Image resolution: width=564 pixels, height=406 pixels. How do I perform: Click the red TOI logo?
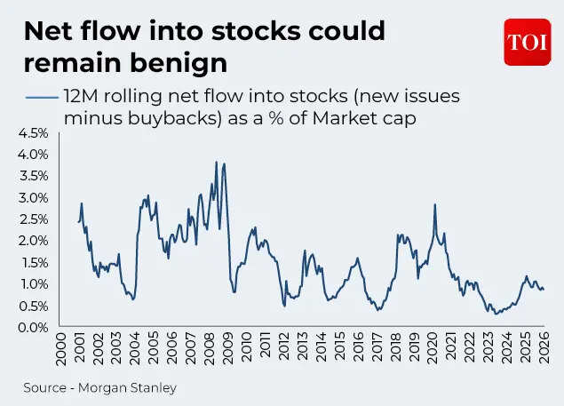click(x=528, y=42)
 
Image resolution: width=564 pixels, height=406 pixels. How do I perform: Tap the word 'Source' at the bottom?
click(x=45, y=387)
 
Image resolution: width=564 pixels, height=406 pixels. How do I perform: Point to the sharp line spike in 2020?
click(x=435, y=205)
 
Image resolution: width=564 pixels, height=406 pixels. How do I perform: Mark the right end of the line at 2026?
click(x=544, y=289)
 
